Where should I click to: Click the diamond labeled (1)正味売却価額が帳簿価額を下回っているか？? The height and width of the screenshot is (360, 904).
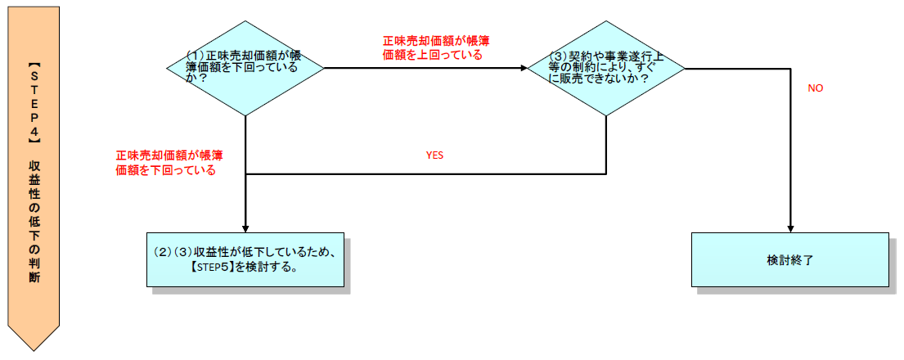[245, 69]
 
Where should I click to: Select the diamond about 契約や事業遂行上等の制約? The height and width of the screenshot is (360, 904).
[605, 69]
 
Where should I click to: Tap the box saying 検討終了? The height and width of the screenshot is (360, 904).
[789, 259]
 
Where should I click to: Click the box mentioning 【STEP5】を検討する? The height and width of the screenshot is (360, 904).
[245, 259]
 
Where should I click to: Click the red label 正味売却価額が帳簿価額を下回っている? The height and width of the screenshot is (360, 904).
[170, 163]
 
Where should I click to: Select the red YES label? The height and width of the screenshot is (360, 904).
[434, 154]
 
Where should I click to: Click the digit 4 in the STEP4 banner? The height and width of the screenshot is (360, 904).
[34, 128]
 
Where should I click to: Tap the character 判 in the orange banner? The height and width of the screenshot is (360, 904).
[34, 263]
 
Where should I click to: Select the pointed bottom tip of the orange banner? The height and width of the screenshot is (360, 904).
[34, 349]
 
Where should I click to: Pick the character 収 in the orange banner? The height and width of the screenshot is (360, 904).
[34, 164]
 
